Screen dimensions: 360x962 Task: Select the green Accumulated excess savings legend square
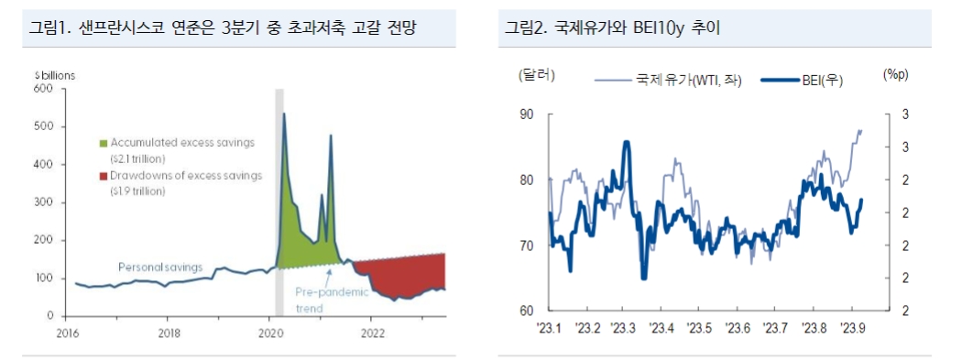click(x=104, y=143)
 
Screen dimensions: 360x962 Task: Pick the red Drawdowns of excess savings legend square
click(x=104, y=175)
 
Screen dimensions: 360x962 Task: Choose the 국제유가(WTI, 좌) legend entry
click(x=668, y=80)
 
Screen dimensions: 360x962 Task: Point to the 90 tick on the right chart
click(x=528, y=115)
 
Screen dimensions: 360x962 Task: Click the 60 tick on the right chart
click(x=528, y=311)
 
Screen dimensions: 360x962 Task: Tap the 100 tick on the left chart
click(x=44, y=278)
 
